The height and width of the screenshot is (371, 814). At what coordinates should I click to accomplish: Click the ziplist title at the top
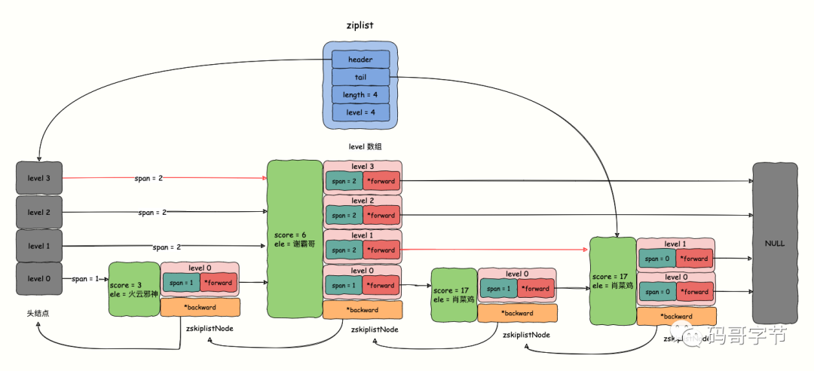[x=361, y=25]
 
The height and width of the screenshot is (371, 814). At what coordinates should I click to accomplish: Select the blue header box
[x=360, y=59]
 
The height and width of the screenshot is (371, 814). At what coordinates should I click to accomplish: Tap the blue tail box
[x=360, y=77]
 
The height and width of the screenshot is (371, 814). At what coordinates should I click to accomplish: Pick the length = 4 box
[x=360, y=94]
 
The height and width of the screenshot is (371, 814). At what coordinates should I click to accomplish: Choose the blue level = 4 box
[x=360, y=112]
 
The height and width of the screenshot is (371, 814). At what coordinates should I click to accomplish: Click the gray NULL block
[x=774, y=244]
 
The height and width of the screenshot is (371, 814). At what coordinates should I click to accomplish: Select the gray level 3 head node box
[x=39, y=177]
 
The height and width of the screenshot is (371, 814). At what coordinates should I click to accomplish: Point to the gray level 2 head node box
[x=39, y=212]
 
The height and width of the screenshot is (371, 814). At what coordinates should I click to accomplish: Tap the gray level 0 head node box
[x=39, y=278]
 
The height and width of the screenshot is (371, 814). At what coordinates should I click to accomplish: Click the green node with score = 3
[x=133, y=290]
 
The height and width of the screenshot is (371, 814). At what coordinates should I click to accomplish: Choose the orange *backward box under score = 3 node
[x=200, y=308]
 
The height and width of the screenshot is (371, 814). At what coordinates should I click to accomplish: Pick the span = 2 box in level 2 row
[x=343, y=215]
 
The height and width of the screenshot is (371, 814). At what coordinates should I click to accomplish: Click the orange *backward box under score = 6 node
[x=362, y=310]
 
